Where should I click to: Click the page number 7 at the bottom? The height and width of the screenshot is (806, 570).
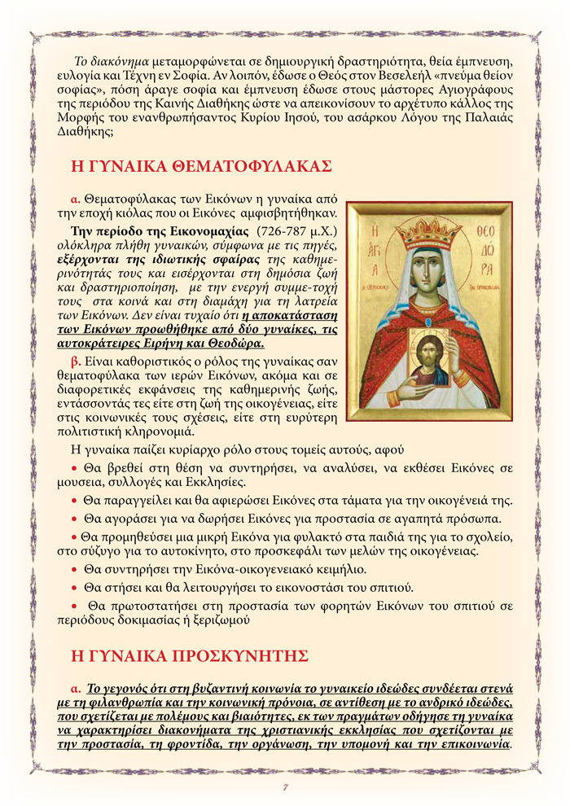point(286,786)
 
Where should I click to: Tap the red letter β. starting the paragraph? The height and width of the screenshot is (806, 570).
point(76,359)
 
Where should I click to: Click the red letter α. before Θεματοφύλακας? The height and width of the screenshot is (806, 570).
point(75,199)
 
